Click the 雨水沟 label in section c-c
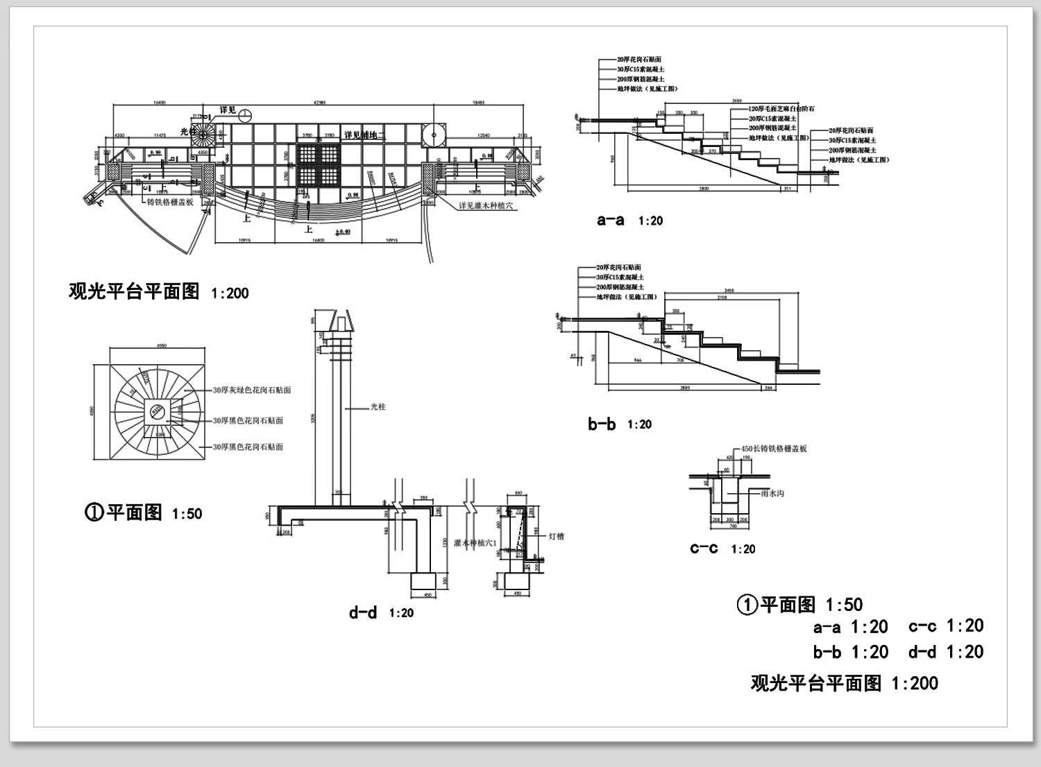coord(772,494)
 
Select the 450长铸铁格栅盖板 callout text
coord(774,449)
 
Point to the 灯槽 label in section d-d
coord(556,536)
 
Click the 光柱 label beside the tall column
coord(378,407)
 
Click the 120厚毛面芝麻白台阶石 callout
coord(781,109)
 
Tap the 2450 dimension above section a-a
coord(737,101)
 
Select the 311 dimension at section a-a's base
coord(787,188)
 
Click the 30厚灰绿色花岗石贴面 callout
coord(251,390)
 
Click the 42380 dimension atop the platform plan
coord(319,103)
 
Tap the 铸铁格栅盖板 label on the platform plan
coord(170,202)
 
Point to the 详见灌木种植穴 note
coord(486,206)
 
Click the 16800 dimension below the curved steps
coord(318,241)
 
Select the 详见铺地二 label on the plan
coord(364,135)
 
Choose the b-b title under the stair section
coord(601,424)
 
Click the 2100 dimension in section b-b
coord(722,298)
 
